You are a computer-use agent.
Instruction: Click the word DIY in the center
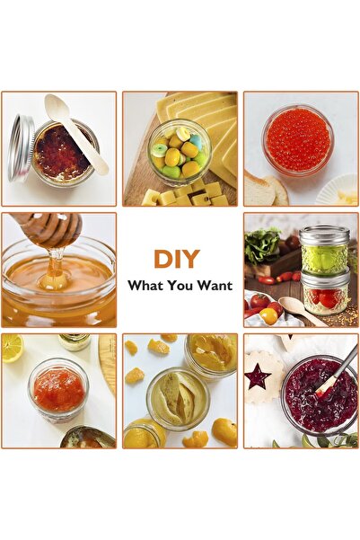click(177, 259)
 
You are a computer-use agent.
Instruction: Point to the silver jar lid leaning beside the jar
click(21, 148)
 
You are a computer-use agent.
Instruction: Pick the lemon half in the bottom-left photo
click(12, 349)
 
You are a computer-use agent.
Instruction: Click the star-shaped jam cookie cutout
click(258, 376)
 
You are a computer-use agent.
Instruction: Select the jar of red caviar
click(298, 139)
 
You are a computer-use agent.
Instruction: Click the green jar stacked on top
click(324, 249)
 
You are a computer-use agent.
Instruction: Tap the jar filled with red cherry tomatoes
click(325, 294)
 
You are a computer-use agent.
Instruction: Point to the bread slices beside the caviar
click(266, 190)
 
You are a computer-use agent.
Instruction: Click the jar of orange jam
click(58, 389)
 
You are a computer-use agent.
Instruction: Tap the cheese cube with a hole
click(205, 199)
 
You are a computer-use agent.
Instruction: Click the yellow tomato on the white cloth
click(268, 316)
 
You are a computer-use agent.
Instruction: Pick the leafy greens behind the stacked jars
click(262, 244)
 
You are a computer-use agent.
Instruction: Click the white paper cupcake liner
click(338, 190)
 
